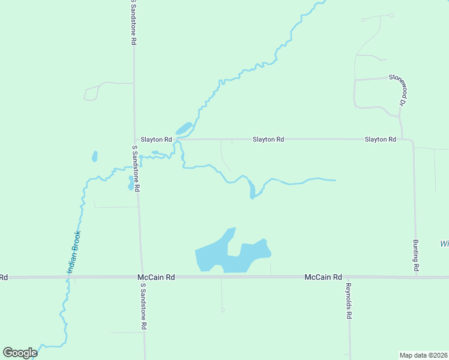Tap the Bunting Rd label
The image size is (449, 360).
pos(415,256)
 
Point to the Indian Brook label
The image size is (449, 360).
pos(74,253)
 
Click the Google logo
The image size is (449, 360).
pos(20,353)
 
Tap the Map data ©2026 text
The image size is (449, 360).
pos(423,355)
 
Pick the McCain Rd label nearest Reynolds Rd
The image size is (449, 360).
pos(323,277)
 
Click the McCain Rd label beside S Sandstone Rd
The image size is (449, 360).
pos(156,277)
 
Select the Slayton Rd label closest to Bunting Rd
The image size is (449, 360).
pos(381,139)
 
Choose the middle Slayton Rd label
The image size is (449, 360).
pos(268,139)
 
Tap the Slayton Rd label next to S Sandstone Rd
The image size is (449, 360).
pos(156,139)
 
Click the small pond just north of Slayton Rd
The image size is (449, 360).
pos(183,128)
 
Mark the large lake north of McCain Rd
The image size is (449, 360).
pos(232,255)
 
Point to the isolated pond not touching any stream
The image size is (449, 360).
pos(94,157)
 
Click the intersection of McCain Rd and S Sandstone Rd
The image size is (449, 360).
pos(142,277)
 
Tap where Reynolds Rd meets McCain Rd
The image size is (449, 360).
pos(348,277)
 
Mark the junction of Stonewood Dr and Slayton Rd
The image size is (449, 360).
pos(402,139)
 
